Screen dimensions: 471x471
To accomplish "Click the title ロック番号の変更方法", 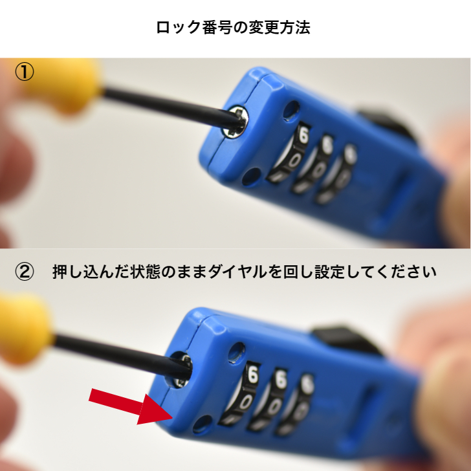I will point(234,28).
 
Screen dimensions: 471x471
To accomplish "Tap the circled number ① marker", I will point(25,72).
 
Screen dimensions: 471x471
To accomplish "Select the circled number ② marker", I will point(25,272).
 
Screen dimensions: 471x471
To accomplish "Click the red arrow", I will point(123,404).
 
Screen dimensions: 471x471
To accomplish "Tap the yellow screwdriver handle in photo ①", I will point(65,84).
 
